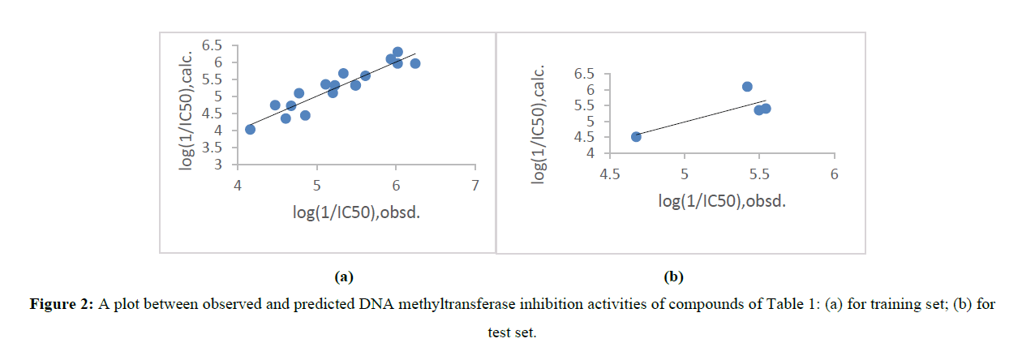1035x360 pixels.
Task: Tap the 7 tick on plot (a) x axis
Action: pos(475,186)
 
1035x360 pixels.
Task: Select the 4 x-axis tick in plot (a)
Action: pos(238,186)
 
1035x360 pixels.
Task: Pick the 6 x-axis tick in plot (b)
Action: pos(834,174)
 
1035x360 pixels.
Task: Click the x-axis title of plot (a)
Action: pos(357,212)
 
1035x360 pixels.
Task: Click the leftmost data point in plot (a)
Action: pos(250,129)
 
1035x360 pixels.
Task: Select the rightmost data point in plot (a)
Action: pos(415,63)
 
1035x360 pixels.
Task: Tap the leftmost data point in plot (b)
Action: pos(636,136)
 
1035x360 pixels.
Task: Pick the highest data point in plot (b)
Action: pos(747,86)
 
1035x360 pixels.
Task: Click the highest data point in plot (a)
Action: pos(397,52)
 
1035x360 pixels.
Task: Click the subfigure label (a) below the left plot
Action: pos(345,277)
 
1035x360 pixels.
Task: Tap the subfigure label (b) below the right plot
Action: pos(674,277)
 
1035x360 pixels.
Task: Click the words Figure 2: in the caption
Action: pos(62,305)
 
